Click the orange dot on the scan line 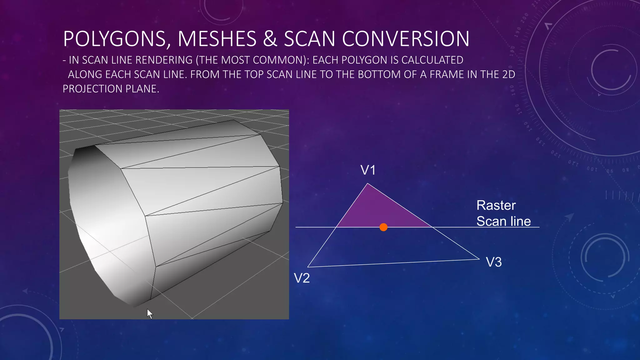point(383,227)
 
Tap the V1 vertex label point(368,170)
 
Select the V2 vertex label point(302,278)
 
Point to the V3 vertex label point(494,262)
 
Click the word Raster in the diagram point(496,206)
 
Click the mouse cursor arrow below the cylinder point(150,314)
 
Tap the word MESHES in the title point(217,39)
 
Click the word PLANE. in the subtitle point(142,89)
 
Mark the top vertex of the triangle point(368,184)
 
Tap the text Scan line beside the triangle point(503,222)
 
